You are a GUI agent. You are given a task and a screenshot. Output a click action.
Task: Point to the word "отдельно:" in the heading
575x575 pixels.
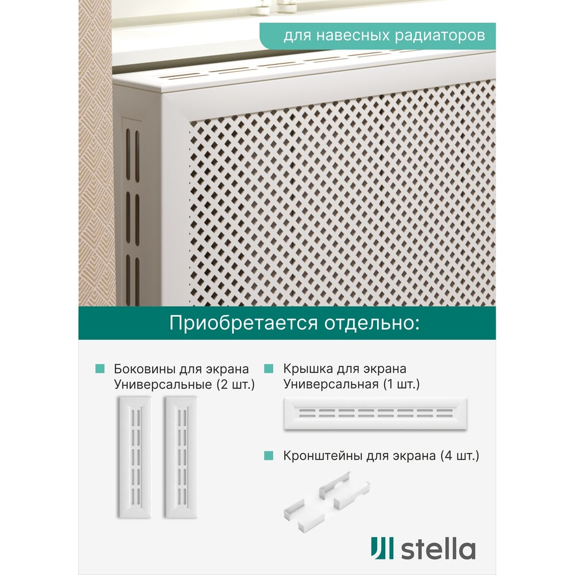point(372,323)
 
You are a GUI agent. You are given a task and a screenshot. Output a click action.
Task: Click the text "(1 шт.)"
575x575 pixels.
point(401,384)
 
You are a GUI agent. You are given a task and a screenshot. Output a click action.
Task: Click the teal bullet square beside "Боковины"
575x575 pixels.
point(100,369)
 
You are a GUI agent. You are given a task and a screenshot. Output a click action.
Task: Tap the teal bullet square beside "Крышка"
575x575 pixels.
point(269,369)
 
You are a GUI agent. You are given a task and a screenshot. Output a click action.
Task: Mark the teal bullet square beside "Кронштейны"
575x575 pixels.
point(269,455)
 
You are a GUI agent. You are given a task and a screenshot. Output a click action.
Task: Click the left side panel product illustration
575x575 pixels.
point(135,457)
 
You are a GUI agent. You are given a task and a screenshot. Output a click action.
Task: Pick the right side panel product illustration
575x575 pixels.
point(181,457)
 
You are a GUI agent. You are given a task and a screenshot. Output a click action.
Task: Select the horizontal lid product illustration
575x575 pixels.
point(375,413)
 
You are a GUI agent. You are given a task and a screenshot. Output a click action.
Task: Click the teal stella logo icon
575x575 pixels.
point(382,548)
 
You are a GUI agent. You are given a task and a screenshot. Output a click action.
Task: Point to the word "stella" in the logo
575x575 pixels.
point(438,549)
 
